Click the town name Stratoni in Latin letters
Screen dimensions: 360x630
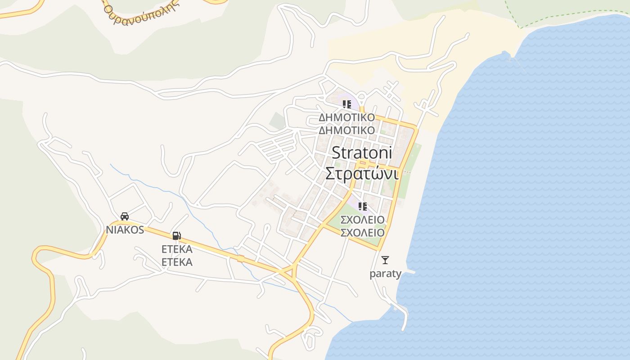362,153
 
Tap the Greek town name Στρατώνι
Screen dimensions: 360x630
362,174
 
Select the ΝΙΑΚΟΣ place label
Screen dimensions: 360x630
125,230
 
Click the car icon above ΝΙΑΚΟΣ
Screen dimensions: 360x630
125,216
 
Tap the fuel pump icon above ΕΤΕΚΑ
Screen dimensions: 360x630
176,235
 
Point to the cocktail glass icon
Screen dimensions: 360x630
385,260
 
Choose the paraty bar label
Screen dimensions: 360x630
385,274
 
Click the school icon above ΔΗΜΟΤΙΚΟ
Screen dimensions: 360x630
346,104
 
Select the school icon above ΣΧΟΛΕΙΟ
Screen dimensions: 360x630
362,207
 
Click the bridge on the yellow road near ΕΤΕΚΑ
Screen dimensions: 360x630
241,258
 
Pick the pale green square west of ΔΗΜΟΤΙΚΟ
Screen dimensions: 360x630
278,121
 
